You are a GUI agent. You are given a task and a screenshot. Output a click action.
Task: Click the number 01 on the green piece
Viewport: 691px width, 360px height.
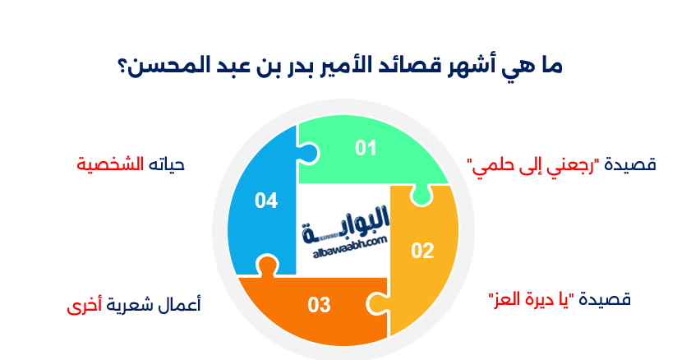click(366, 148)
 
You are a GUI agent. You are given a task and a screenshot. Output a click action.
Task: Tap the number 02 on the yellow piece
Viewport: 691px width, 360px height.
click(422, 251)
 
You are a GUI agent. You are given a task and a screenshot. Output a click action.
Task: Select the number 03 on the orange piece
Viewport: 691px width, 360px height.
click(319, 305)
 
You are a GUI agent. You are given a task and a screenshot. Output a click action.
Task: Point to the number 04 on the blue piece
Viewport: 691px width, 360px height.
click(265, 200)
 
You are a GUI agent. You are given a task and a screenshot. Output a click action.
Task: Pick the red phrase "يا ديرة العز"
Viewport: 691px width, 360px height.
click(532, 298)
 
